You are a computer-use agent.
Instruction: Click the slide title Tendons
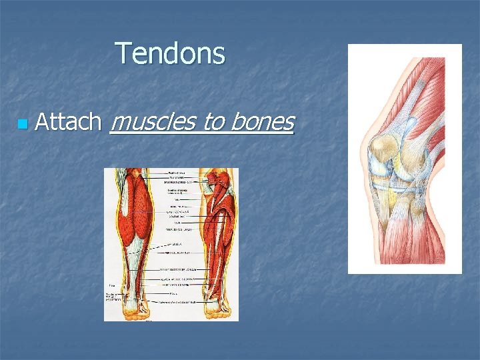(171, 53)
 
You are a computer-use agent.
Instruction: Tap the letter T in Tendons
(124, 53)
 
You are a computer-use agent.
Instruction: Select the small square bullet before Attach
(23, 124)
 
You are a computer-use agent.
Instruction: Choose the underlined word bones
(263, 122)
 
